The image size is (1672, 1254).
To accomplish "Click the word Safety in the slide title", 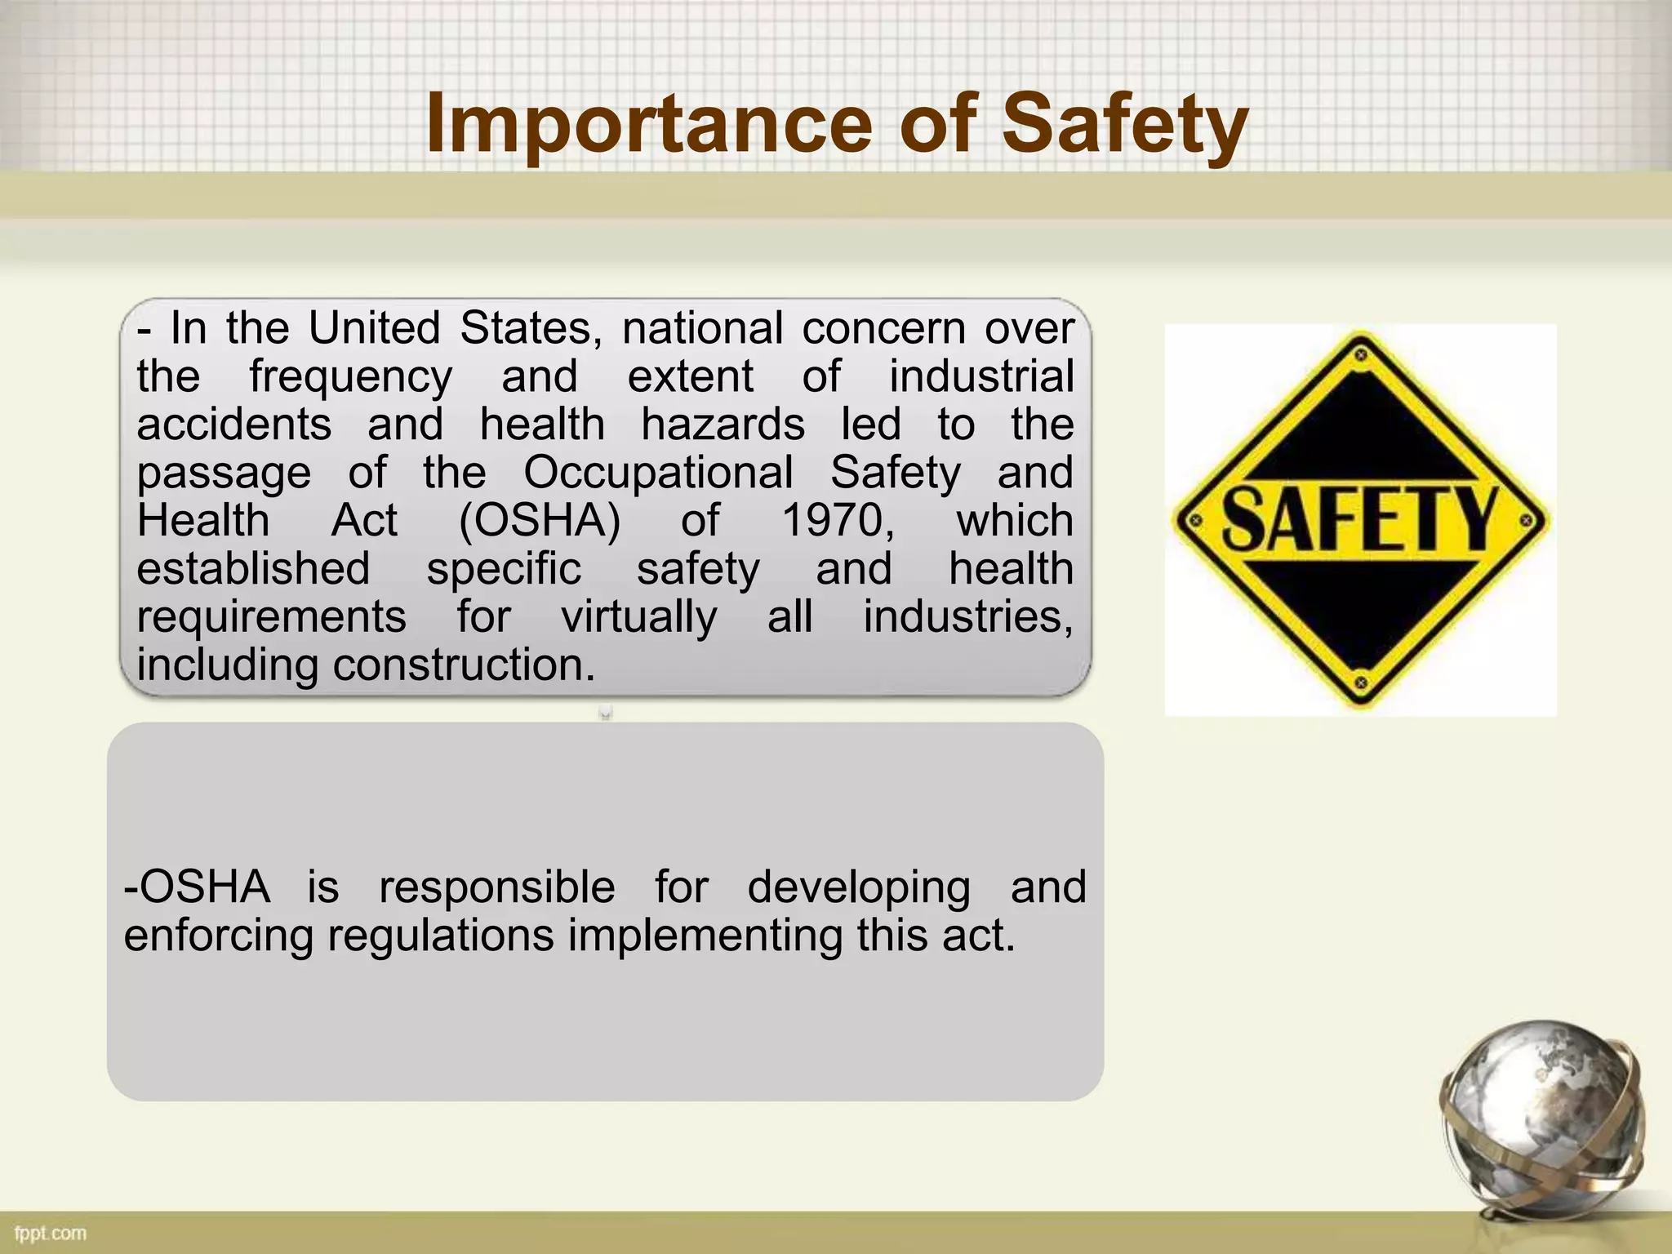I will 1125,124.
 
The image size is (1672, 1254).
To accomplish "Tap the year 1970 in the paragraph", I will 838,520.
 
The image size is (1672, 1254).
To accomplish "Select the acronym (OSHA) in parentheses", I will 540,520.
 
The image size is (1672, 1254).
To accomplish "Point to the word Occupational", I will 658,472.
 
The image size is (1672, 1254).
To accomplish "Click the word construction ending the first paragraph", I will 463,665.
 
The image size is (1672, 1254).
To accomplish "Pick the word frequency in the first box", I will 350,377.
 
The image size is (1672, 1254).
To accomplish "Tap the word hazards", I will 723,425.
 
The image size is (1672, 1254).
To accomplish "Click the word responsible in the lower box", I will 496,887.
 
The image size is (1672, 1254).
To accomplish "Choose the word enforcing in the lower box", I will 218,935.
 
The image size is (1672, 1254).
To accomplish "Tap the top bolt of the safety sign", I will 1361,354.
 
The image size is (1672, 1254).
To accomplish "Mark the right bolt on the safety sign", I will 1526,520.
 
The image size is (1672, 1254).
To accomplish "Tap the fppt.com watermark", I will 51,1233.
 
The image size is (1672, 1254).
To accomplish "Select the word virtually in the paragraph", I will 638,616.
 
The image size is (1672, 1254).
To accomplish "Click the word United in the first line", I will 374,328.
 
